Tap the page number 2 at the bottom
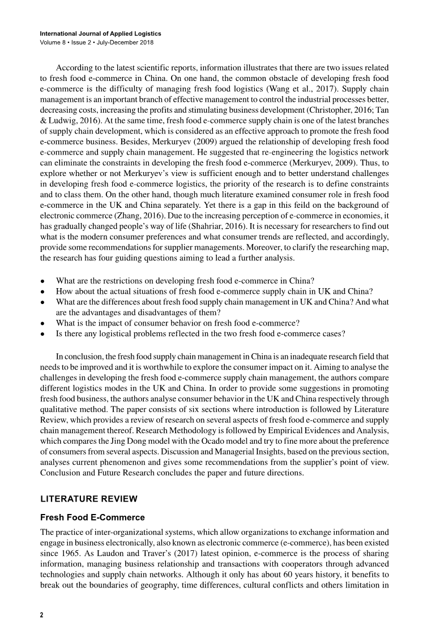tap(41, 614)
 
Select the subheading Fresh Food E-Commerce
tap(93, 517)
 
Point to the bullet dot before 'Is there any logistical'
tap(42, 333)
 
